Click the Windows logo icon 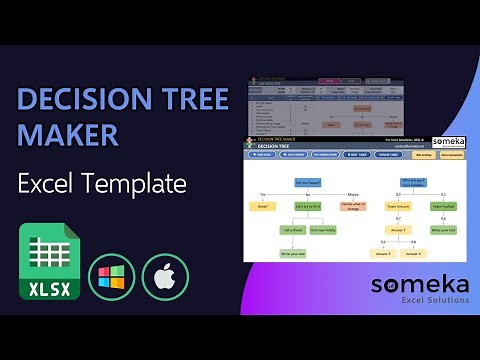pyautogui.click(x=110, y=276)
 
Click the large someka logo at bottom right pyautogui.click(x=419, y=284)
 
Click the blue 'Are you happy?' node pyautogui.click(x=307, y=182)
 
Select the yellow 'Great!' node pyautogui.click(x=264, y=206)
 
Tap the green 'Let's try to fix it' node pyautogui.click(x=308, y=206)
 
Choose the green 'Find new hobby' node pyautogui.click(x=324, y=229)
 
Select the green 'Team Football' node pyautogui.click(x=443, y=206)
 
